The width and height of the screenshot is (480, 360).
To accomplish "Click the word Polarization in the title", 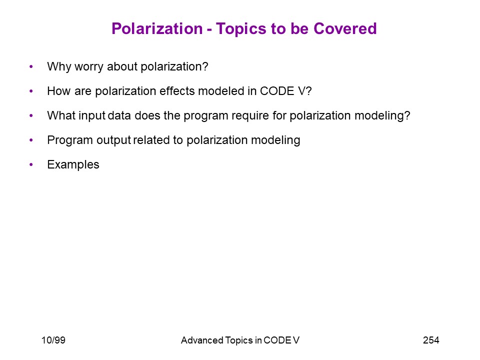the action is [157, 29].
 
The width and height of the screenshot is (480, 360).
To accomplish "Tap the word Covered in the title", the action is [345, 29].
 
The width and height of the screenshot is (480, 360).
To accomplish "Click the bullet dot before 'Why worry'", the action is [31, 66].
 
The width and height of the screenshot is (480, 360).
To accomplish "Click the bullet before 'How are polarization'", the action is [31, 90].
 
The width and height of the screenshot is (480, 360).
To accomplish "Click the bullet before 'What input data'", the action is [31, 115].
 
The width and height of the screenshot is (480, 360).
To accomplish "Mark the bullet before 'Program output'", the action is [31, 139].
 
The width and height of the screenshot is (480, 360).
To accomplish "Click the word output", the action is [114, 140].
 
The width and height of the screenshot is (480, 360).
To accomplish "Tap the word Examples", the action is [73, 165].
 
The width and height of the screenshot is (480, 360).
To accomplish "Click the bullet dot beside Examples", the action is [31, 164].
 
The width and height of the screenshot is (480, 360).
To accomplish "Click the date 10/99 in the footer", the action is [53, 340].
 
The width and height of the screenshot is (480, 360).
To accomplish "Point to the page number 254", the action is [431, 340].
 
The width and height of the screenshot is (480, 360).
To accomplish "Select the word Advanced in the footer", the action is [202, 340].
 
